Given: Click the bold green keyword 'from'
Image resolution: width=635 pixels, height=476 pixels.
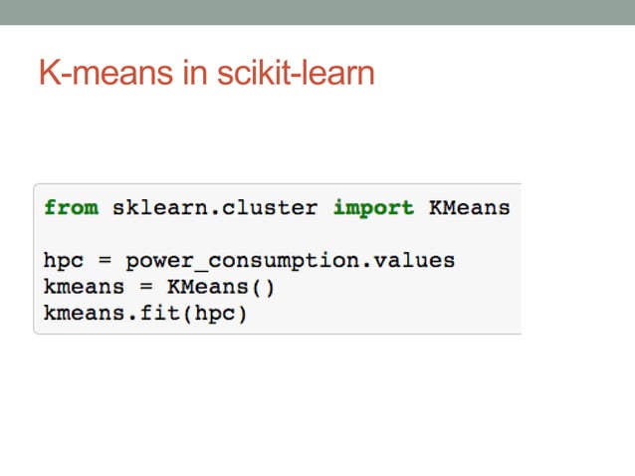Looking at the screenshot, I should click(x=71, y=208).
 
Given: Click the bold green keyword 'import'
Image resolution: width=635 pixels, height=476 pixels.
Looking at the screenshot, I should click(x=372, y=208).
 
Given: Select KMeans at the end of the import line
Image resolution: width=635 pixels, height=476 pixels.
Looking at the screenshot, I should click(x=469, y=208).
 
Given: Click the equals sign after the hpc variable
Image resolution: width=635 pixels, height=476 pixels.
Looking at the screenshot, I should click(x=106, y=261).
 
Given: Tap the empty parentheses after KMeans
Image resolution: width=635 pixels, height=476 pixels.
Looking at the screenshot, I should click(x=262, y=287).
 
